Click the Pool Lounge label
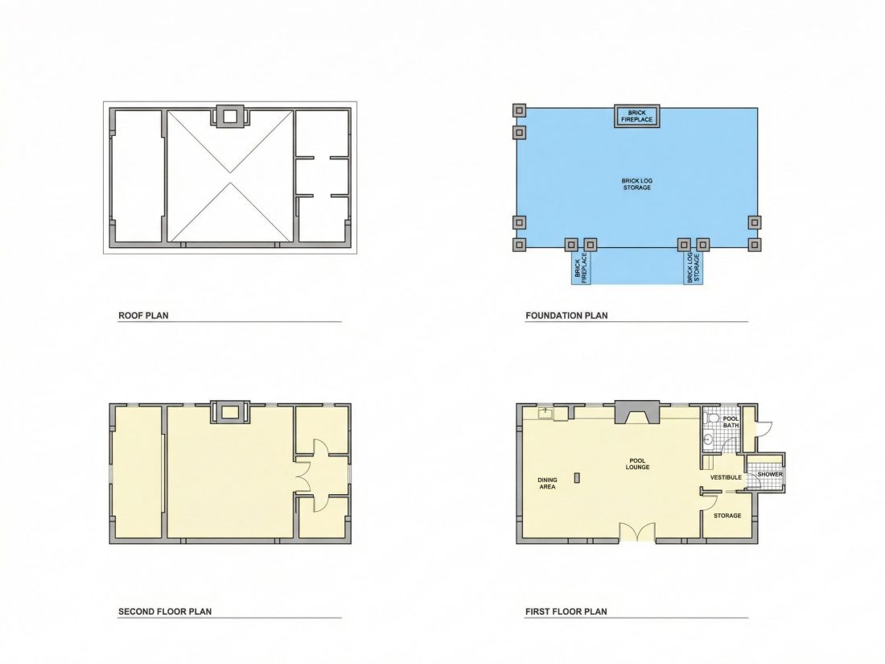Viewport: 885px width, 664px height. (x=637, y=464)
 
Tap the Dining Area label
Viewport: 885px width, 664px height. (x=547, y=484)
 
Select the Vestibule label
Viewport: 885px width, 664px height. (x=726, y=477)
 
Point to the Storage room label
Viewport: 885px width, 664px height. (x=727, y=515)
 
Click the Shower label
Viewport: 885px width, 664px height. (x=770, y=474)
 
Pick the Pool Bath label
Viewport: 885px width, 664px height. (x=731, y=422)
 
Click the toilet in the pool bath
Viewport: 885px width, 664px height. (x=711, y=419)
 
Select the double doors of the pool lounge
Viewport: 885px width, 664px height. (x=637, y=533)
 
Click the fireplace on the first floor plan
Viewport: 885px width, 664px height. (x=637, y=411)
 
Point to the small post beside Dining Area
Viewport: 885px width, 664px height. (x=576, y=477)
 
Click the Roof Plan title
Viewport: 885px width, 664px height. (x=143, y=316)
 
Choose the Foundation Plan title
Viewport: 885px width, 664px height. (x=566, y=316)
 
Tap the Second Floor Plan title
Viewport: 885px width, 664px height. (x=165, y=612)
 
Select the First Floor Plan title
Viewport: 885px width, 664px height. (x=566, y=612)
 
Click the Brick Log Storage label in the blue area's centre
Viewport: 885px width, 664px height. (x=637, y=184)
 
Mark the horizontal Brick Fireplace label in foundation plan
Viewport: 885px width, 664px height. (x=637, y=117)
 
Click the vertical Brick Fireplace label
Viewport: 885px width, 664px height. (x=581, y=268)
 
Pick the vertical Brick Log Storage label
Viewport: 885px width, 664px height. (x=693, y=268)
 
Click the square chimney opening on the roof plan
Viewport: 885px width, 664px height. (x=230, y=117)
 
